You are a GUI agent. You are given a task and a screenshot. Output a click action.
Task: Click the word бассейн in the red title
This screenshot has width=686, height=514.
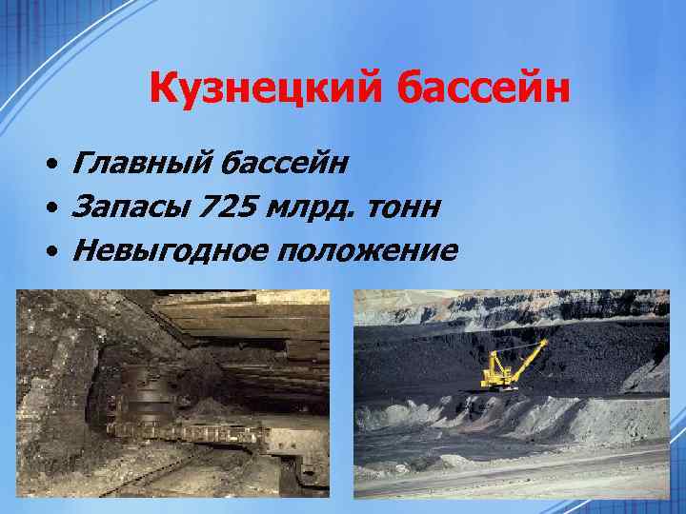(476, 91)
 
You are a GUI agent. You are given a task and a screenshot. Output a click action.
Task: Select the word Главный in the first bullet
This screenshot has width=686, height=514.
(140, 165)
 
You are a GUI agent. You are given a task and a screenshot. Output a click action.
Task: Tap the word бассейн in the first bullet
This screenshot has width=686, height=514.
(284, 165)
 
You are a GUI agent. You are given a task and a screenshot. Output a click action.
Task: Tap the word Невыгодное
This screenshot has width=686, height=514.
(168, 251)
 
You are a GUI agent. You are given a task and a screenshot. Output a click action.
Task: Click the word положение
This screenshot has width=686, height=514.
(367, 251)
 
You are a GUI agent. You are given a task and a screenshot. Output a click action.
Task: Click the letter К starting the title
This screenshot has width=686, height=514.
(164, 91)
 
